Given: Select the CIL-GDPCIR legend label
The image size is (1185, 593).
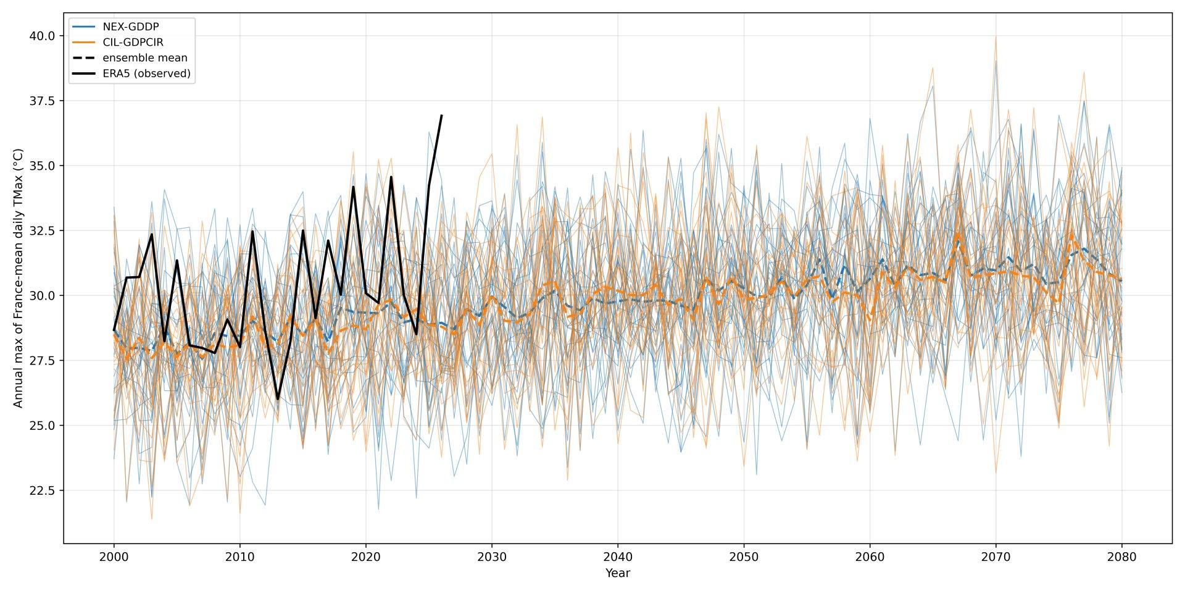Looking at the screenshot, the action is [133, 42].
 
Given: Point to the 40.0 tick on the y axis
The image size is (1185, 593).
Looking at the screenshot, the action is [42, 36].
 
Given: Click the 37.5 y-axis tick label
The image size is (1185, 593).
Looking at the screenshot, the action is [42, 101].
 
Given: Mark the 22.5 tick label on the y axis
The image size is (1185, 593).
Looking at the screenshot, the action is [42, 490].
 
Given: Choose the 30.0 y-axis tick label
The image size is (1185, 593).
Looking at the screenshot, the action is [42, 296].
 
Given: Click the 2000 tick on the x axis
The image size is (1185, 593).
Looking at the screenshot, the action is [114, 557].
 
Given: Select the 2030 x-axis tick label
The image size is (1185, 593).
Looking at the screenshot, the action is [492, 557].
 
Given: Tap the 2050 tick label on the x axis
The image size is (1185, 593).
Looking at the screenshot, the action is [744, 557].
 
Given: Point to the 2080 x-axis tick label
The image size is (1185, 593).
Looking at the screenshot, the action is [1122, 557].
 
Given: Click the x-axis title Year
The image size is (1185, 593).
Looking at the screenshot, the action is [618, 573].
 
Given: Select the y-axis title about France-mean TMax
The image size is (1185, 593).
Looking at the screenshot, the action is [18, 278].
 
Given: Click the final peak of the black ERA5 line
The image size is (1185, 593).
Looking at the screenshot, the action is [441, 115].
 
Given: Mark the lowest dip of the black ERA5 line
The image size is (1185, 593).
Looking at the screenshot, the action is [278, 399].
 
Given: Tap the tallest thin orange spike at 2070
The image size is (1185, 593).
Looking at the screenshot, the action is [996, 36].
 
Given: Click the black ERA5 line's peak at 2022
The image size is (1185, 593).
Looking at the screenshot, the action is [391, 177].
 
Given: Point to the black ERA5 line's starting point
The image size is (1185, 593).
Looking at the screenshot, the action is [114, 330].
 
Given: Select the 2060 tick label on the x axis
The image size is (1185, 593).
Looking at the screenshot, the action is [870, 557].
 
